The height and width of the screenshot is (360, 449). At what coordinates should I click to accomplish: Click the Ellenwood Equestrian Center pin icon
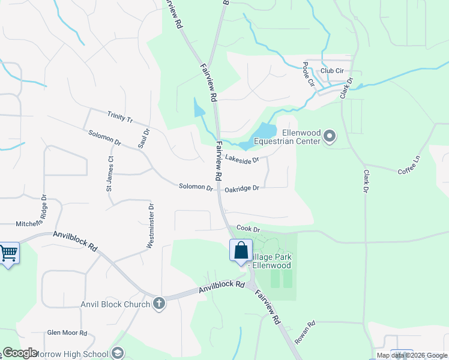[x=330, y=137]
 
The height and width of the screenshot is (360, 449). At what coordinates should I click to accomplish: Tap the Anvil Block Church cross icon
[x=158, y=303]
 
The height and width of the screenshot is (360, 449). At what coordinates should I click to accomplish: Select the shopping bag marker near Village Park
[x=241, y=250]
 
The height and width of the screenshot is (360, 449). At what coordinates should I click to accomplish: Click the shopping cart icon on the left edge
[x=8, y=253]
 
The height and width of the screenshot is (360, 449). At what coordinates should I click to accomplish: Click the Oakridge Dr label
[x=242, y=188]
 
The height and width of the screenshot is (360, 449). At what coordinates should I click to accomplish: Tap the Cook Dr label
[x=248, y=229]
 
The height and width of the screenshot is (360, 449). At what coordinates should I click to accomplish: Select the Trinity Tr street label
[x=119, y=116]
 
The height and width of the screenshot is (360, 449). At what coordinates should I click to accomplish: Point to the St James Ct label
[x=110, y=173]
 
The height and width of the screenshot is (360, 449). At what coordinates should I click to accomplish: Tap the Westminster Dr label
[x=151, y=226]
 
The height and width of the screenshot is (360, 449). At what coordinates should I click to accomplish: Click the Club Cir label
[x=332, y=71]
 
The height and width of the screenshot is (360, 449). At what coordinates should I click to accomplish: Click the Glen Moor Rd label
[x=67, y=333]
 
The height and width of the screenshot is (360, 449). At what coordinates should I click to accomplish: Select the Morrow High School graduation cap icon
[x=118, y=353]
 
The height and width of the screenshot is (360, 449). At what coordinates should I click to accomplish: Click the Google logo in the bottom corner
[x=20, y=353]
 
